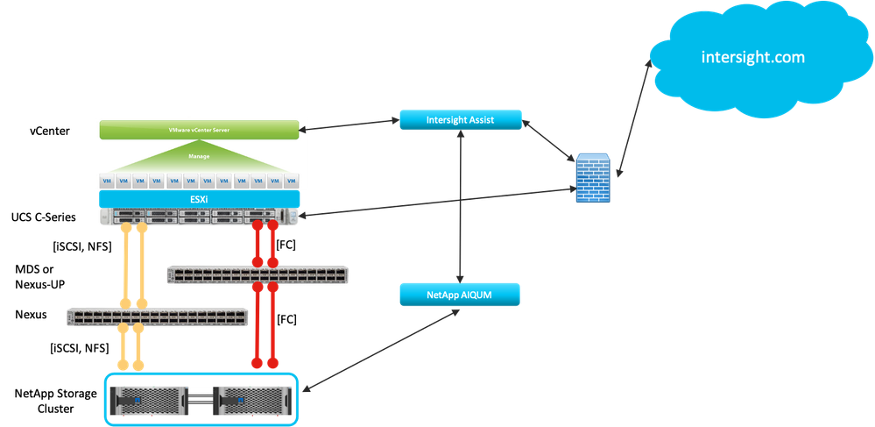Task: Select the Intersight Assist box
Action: point(461,121)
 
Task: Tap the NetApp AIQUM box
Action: point(461,294)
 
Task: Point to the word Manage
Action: point(197,156)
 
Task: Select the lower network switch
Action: point(157,317)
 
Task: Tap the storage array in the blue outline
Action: point(201,398)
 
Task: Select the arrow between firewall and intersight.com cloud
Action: point(635,117)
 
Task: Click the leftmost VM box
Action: point(105,180)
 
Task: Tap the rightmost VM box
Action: point(289,180)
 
